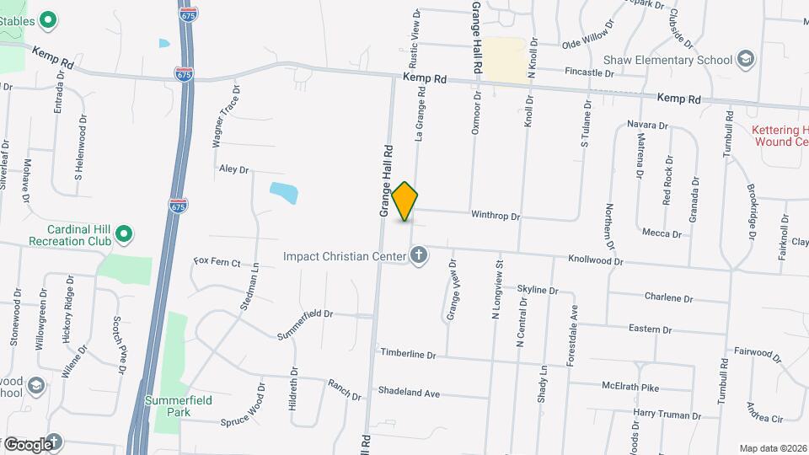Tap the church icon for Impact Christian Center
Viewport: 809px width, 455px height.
click(419, 256)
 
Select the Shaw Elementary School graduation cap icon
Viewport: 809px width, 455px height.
click(745, 59)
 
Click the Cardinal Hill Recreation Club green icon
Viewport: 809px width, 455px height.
click(125, 233)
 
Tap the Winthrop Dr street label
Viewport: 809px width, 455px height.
click(496, 216)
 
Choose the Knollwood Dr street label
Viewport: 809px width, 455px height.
click(595, 261)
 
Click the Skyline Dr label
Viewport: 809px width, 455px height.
click(538, 290)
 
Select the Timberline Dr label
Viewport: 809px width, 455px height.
click(408, 355)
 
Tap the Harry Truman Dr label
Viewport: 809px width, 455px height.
click(667, 415)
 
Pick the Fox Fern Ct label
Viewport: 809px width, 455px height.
click(217, 261)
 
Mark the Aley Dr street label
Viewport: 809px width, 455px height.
click(234, 169)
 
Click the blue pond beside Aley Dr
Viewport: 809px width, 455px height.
click(283, 193)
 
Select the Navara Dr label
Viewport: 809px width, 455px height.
click(647, 126)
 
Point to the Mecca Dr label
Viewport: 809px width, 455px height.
click(661, 233)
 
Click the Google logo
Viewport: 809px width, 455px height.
click(29, 444)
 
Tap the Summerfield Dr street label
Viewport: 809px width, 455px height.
click(306, 313)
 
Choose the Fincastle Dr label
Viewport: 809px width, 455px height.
click(589, 73)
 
